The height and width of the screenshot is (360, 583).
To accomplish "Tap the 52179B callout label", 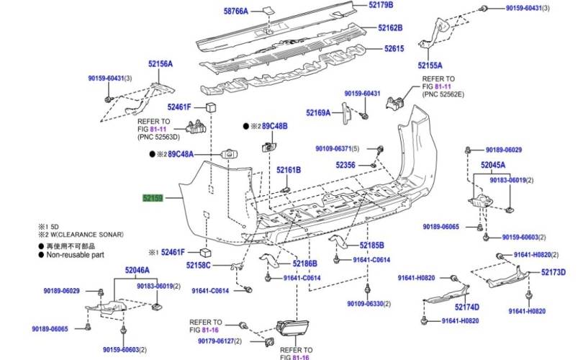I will [381, 5].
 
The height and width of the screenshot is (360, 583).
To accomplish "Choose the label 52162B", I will [390, 28].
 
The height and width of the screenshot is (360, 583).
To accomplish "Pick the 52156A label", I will [161, 64].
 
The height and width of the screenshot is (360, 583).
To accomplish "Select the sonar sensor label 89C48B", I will [274, 126].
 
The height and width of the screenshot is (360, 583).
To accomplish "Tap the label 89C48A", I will [181, 154].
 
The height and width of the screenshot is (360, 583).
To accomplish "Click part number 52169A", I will [317, 112].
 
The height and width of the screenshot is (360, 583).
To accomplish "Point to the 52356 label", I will [345, 165].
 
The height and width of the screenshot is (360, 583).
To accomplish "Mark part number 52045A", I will [493, 165].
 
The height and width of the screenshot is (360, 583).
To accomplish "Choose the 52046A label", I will [137, 271].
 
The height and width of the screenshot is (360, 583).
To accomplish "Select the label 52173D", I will [553, 272].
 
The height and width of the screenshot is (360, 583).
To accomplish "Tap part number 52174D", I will [466, 307].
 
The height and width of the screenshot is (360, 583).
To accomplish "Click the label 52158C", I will [197, 265].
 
